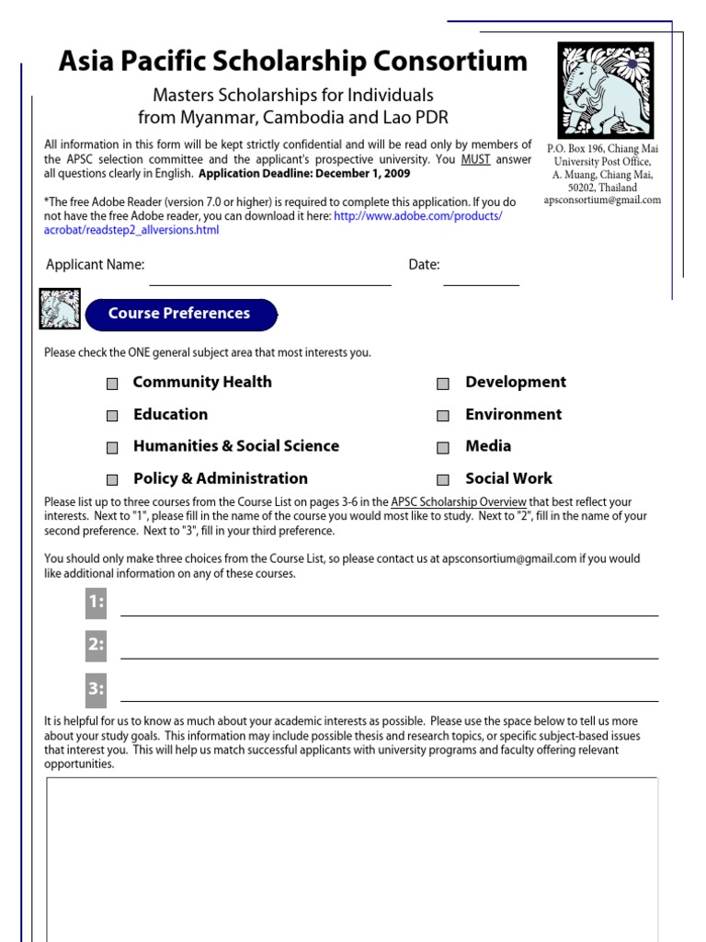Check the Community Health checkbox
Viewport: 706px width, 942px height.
tap(112, 384)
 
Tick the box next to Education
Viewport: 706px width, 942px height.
tap(112, 416)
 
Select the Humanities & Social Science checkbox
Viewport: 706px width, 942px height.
tap(112, 448)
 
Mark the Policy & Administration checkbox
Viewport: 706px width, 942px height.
tap(112, 480)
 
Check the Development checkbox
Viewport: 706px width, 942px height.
tap(443, 384)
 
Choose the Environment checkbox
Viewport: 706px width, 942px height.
tap(443, 416)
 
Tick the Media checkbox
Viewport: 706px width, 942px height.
tap(443, 448)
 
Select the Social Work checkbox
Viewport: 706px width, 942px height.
tap(443, 480)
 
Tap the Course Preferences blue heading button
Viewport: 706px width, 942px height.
tap(180, 315)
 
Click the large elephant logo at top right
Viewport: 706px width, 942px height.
tap(605, 90)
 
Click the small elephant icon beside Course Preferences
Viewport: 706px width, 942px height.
tap(60, 309)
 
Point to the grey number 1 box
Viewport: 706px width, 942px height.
tap(96, 603)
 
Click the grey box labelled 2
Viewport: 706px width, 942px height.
tap(96, 646)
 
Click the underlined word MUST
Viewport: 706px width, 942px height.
tap(475, 159)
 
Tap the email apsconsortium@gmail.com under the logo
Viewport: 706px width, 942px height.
tap(602, 200)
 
